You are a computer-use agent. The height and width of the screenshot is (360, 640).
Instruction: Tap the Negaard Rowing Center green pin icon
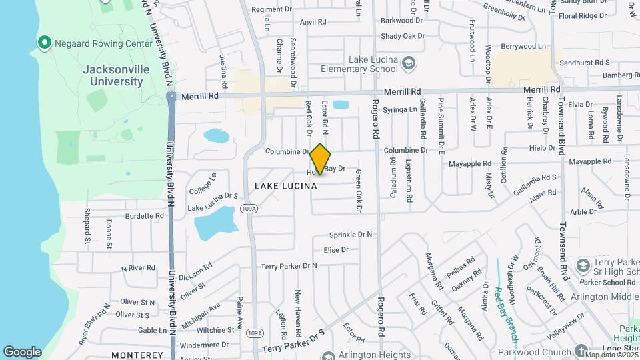pyautogui.click(x=45, y=43)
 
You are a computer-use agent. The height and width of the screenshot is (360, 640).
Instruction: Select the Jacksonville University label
pyautogui.click(x=113, y=75)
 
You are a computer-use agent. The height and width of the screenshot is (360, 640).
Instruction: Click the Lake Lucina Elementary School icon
pyautogui.click(x=409, y=64)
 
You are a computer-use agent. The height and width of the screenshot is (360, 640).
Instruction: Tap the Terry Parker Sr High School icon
pyautogui.click(x=583, y=265)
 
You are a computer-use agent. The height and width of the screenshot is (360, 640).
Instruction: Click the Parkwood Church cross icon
pyautogui.click(x=581, y=351)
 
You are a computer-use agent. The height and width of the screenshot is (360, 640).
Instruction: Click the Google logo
pyautogui.click(x=22, y=351)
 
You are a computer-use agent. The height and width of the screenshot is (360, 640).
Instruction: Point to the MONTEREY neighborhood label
pyautogui.click(x=137, y=355)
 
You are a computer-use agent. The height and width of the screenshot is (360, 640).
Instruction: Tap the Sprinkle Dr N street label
pyautogui.click(x=351, y=235)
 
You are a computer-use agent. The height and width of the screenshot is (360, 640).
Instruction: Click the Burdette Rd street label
pyautogui.click(x=144, y=216)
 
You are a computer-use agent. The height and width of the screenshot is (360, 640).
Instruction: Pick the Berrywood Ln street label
pyautogui.click(x=523, y=46)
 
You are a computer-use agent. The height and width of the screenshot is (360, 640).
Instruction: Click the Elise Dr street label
pyautogui.click(x=336, y=250)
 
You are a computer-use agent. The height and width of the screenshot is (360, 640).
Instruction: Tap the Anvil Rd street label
pyautogui.click(x=313, y=22)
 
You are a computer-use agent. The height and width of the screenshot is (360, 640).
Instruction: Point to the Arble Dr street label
pyautogui.click(x=583, y=212)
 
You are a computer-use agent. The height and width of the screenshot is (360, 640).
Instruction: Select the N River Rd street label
pyautogui.click(x=138, y=268)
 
